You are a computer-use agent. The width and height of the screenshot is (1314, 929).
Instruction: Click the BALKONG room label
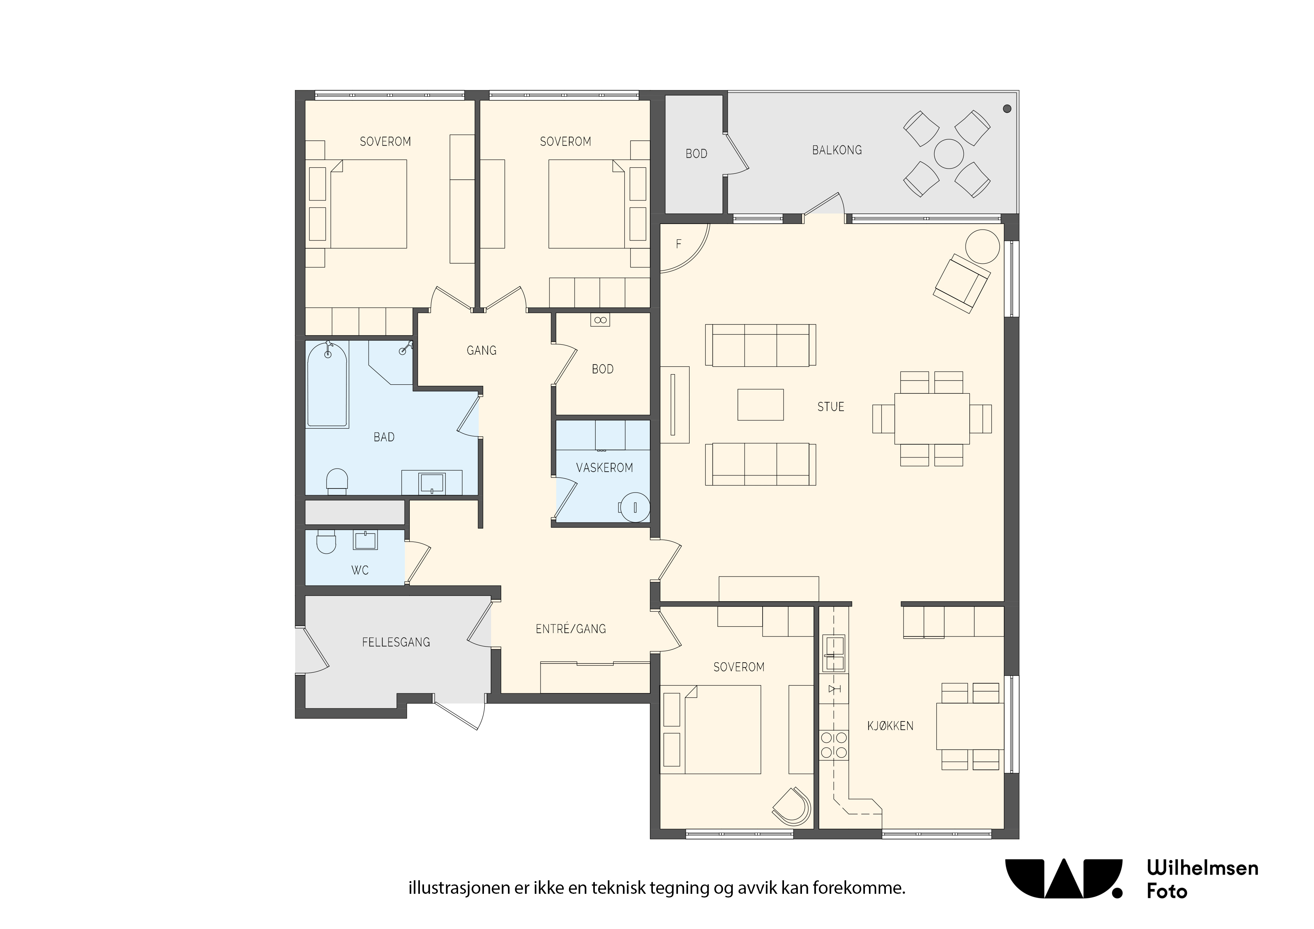[837, 150]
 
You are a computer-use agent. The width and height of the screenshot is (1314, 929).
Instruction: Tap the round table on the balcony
[949, 154]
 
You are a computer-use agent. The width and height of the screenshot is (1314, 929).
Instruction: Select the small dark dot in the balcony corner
[1007, 109]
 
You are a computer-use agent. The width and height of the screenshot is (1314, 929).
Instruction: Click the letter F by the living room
[679, 244]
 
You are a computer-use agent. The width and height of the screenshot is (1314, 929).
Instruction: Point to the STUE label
[830, 407]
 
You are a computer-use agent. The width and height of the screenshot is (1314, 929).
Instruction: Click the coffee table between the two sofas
[761, 405]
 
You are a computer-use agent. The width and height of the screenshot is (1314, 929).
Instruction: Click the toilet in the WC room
[326, 542]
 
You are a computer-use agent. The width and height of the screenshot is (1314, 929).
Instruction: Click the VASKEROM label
[604, 467]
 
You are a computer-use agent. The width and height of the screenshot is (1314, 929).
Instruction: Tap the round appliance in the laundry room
[635, 507]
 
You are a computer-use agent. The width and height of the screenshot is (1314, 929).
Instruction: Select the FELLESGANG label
[396, 642]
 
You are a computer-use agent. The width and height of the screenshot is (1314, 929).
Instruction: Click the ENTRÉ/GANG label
[570, 629]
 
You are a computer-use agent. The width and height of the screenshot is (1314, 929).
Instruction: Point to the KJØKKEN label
[890, 726]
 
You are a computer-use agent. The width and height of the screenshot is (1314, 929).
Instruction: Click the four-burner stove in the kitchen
[834, 745]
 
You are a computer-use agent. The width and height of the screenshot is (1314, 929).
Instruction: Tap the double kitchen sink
[834, 653]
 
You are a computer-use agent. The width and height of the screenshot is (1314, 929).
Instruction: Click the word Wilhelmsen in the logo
[1202, 868]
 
